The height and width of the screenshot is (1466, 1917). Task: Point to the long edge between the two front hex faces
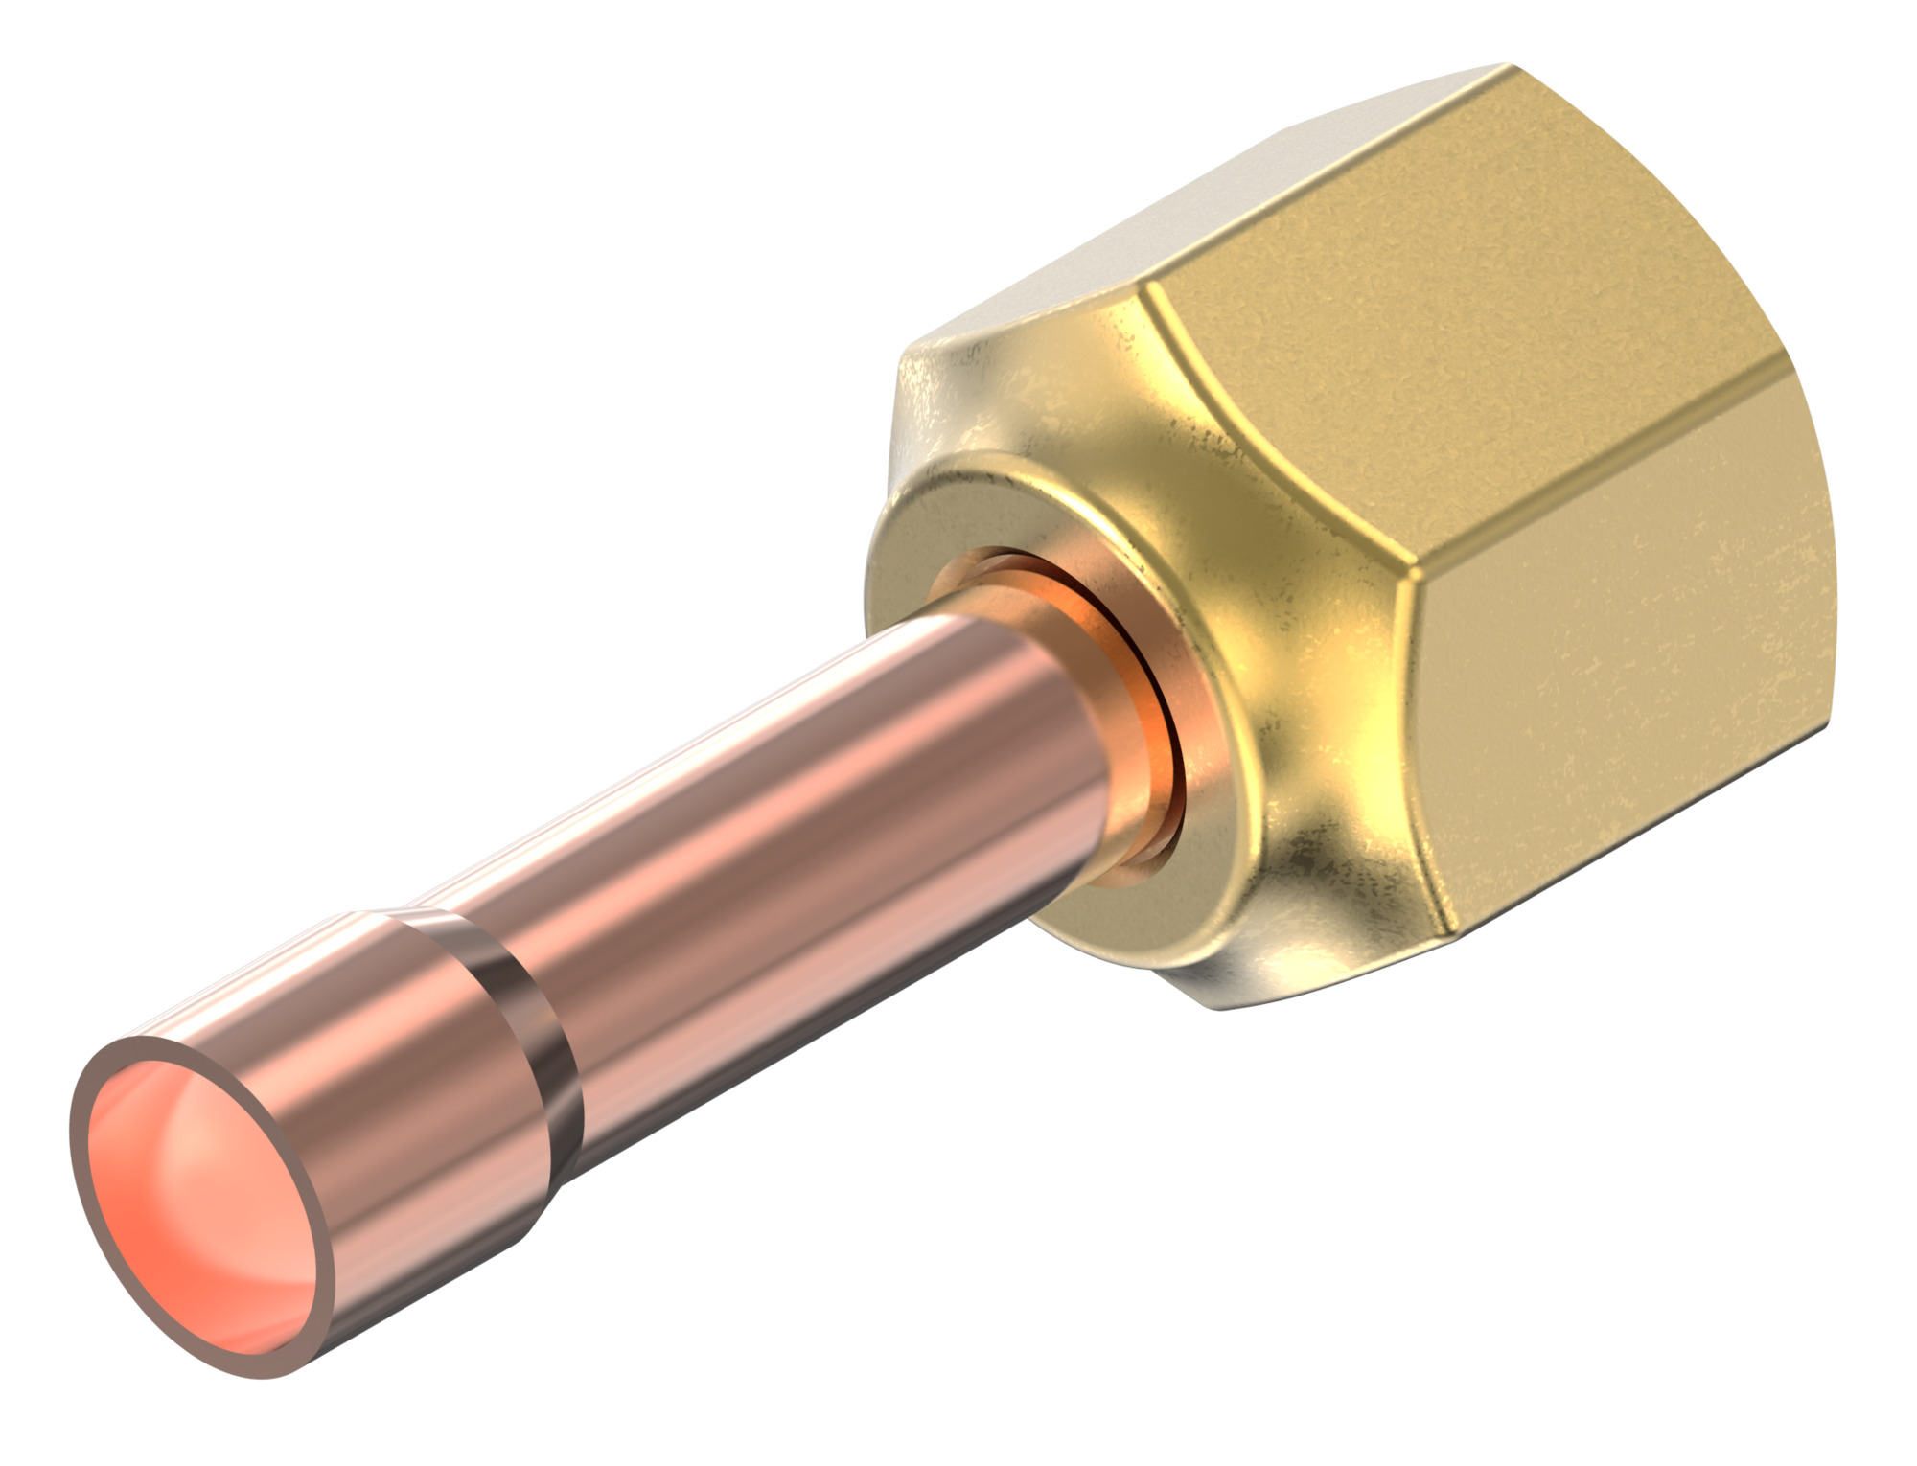click(x=1610, y=470)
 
